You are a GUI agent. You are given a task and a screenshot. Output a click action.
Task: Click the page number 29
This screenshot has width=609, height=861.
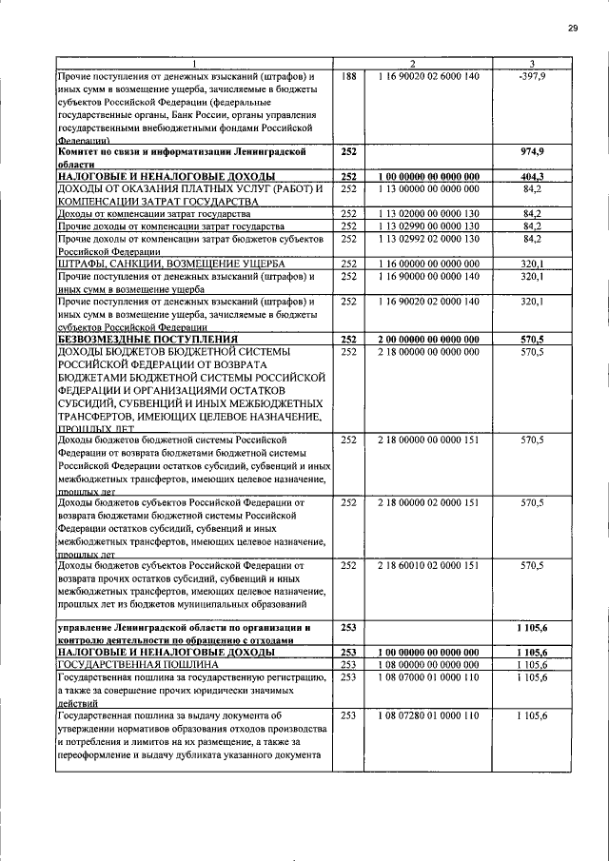[x=573, y=28]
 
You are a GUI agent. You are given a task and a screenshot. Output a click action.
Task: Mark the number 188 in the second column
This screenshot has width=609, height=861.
[x=347, y=76]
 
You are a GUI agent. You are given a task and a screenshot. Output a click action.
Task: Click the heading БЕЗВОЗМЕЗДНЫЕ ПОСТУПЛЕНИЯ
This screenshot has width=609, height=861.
[x=144, y=339]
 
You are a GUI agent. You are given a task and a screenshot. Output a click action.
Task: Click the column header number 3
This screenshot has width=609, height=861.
[x=533, y=63]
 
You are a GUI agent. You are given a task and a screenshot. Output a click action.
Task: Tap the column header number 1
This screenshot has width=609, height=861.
[x=191, y=63]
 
